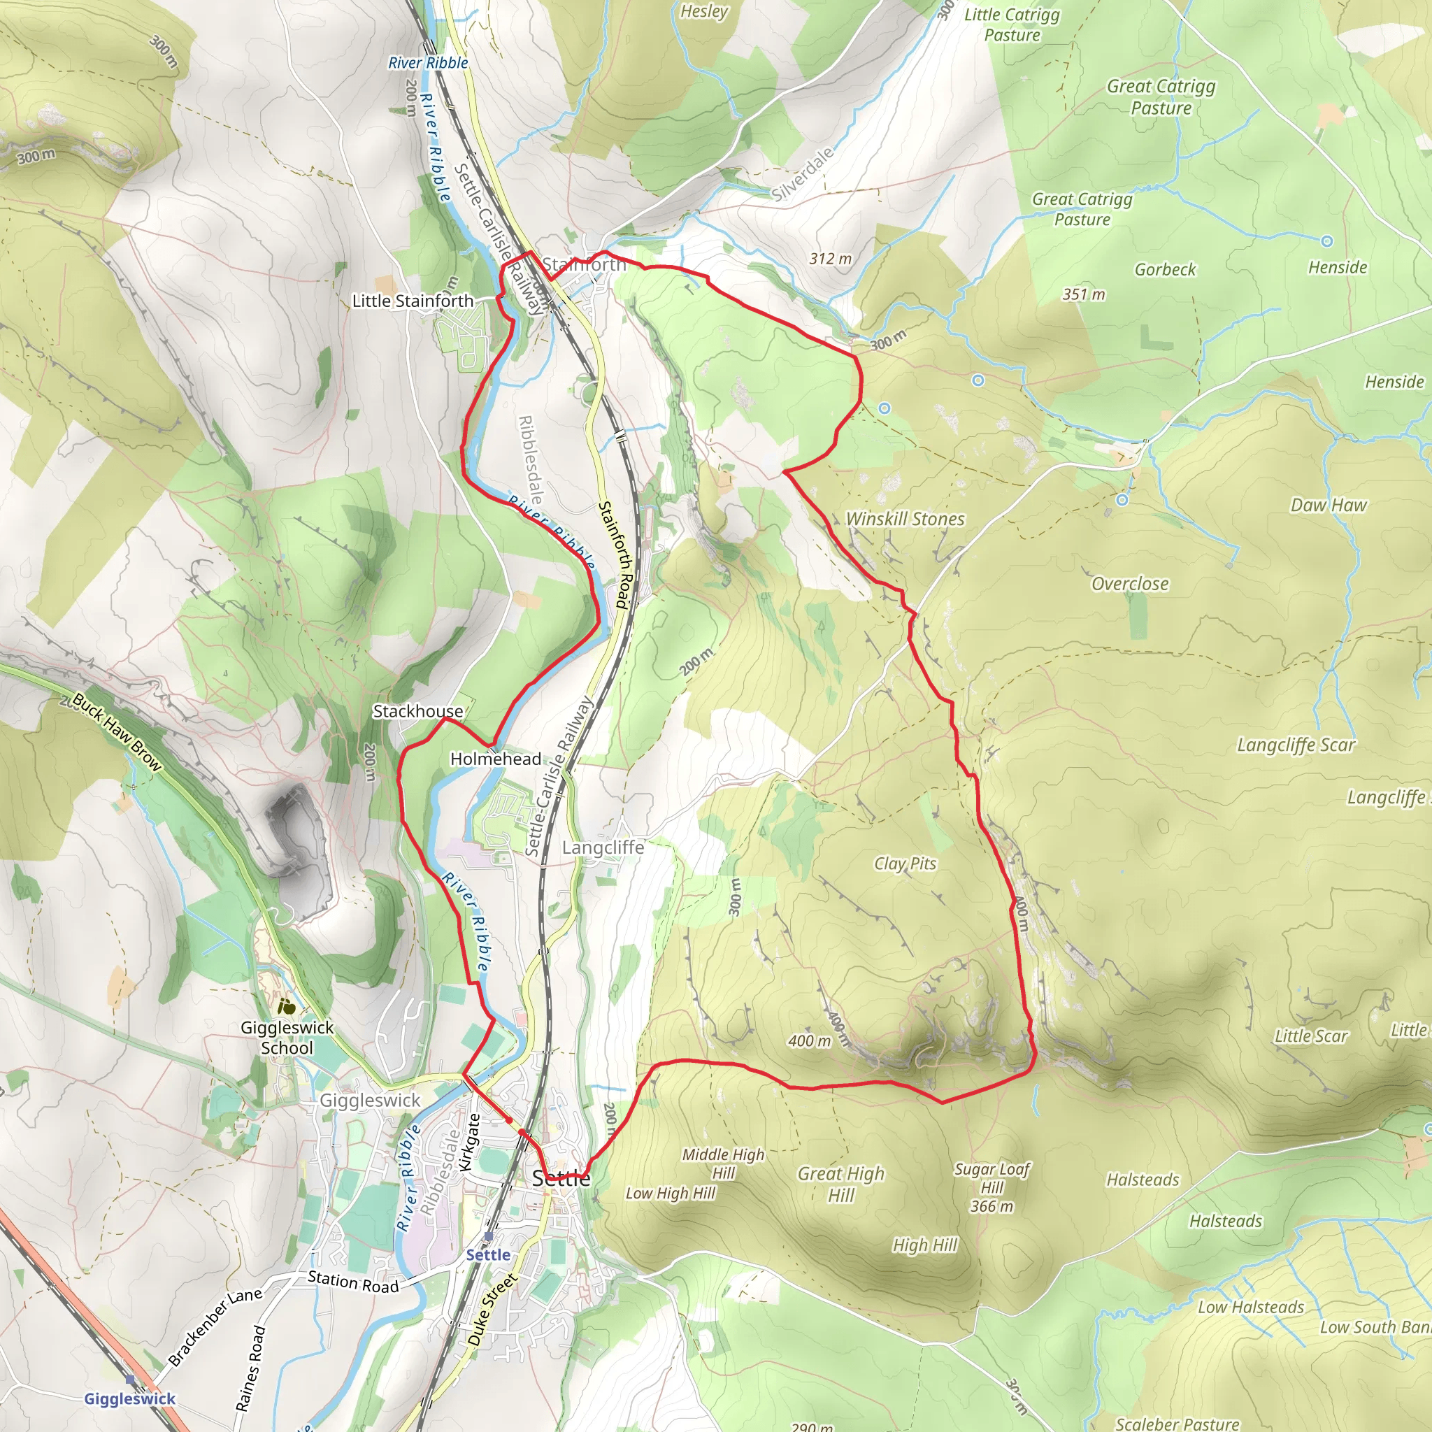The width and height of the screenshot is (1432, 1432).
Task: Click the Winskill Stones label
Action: (x=905, y=519)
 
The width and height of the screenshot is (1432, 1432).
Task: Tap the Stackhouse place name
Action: (x=417, y=711)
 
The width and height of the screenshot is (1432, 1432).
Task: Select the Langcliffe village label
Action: (x=603, y=847)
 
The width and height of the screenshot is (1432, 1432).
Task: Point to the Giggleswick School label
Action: (x=287, y=1038)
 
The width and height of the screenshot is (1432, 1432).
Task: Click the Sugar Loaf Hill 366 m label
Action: (x=991, y=1187)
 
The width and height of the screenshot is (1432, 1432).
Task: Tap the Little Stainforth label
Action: (x=412, y=301)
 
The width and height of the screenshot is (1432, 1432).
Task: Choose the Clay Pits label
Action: (x=905, y=864)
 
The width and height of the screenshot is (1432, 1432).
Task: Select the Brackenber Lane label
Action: (x=215, y=1326)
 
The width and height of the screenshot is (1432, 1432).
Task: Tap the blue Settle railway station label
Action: (x=488, y=1255)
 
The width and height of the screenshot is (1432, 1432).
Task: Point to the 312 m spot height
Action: (x=830, y=259)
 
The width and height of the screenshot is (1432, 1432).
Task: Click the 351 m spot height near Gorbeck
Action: (x=1084, y=294)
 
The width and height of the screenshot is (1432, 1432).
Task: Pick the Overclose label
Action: (x=1130, y=584)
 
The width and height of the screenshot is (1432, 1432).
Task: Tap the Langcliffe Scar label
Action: (x=1296, y=745)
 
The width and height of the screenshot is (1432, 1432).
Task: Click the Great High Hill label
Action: (x=841, y=1184)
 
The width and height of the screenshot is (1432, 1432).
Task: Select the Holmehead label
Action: (x=496, y=759)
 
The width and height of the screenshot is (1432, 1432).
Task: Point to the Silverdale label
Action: (x=802, y=174)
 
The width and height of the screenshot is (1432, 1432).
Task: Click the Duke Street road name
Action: (x=492, y=1310)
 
